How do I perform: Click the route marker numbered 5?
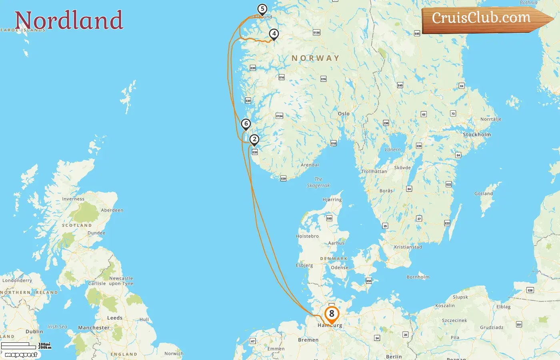point(262,9)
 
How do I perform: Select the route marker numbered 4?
point(274,34)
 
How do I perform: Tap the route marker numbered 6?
point(246,124)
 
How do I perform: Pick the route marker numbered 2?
point(254,140)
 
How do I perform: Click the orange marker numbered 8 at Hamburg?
point(332,314)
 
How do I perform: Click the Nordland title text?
point(69,20)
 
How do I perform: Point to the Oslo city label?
point(344,114)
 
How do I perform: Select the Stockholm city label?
point(476,134)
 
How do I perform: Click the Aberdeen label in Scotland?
point(112,210)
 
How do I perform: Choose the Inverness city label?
point(73,199)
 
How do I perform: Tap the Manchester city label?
point(94,328)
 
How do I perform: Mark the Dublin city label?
point(34,332)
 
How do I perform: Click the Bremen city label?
point(308,340)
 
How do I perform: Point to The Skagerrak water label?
point(318,182)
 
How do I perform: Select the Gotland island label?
point(483,194)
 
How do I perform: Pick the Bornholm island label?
point(418,277)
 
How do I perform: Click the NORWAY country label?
point(315,58)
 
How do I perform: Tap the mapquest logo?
point(21,355)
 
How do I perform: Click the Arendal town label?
point(310,165)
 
